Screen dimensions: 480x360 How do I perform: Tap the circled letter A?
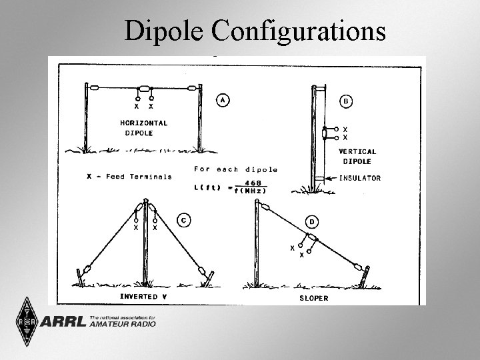tap(223, 99)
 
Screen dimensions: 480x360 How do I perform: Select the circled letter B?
tap(347, 101)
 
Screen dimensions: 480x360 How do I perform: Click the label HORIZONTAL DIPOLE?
tap(143, 127)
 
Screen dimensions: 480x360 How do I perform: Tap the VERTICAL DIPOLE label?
tap(357, 156)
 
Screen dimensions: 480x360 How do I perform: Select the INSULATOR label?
tap(359, 178)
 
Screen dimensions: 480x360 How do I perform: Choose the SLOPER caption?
tap(313, 297)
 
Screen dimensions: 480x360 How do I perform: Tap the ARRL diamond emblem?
tap(25, 322)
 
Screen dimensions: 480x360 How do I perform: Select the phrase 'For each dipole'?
tap(235, 169)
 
